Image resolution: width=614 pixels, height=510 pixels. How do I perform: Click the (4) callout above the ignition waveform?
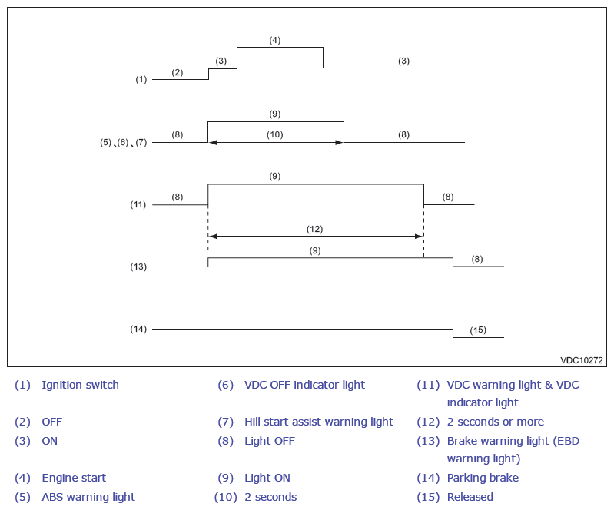[275, 40]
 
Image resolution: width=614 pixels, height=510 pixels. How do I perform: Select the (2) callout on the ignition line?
[177, 72]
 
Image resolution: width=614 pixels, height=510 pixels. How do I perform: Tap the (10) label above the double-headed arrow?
[275, 134]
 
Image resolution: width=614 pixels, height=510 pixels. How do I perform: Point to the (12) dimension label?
[314, 229]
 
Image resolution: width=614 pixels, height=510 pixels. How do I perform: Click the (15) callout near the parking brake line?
[478, 330]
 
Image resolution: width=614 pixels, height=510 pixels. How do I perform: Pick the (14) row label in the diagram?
[138, 329]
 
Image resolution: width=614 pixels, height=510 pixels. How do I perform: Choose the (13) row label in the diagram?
[138, 267]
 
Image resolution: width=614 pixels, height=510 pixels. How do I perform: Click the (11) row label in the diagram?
[138, 204]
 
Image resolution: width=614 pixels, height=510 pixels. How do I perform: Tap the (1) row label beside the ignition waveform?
[141, 79]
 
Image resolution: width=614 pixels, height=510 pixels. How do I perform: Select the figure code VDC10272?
[582, 360]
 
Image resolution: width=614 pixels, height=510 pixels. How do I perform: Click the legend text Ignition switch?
[80, 385]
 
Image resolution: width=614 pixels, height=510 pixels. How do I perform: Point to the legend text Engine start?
[74, 478]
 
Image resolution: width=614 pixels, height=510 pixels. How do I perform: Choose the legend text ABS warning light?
[88, 497]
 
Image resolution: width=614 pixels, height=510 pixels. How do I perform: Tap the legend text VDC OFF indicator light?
[304, 385]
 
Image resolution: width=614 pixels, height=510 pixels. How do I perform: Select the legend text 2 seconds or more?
[496, 422]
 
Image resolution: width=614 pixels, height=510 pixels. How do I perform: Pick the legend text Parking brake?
[483, 478]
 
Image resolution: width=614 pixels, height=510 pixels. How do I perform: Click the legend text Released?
[470, 497]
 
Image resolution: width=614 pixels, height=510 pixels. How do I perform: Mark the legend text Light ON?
[267, 478]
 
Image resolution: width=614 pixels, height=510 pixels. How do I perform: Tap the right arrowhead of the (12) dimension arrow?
[420, 237]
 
